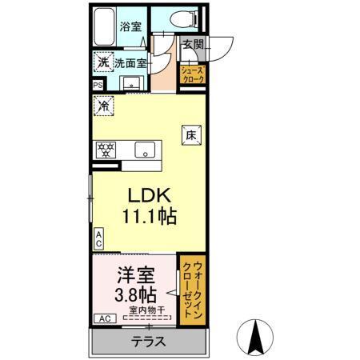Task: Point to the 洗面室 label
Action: (128, 62)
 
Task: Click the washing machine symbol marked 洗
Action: (102, 62)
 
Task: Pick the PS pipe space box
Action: (98, 85)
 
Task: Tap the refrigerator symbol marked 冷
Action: (103, 103)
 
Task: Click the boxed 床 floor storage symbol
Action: (192, 136)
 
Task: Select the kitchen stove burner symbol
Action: (105, 149)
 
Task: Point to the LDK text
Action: (148, 196)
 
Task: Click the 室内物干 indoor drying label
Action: (148, 310)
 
